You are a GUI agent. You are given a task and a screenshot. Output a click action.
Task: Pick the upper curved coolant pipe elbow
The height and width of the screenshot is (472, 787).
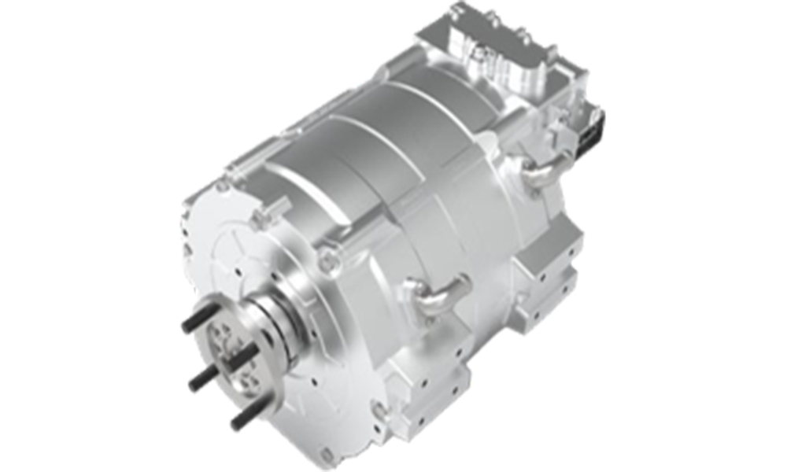pyautogui.click(x=543, y=169)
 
